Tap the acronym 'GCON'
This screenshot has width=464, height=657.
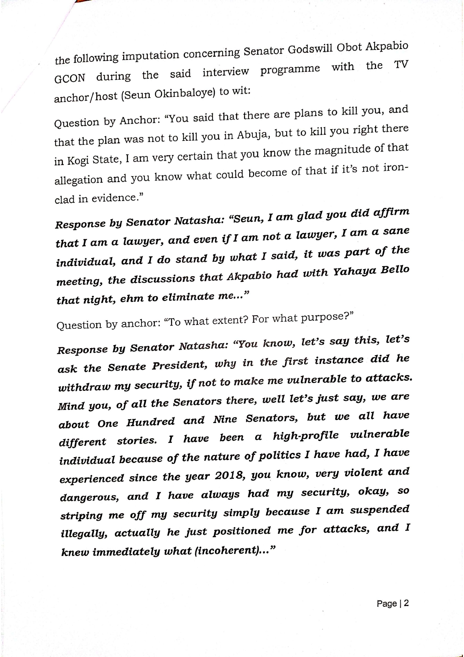70,79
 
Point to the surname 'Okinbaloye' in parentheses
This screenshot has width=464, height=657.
185,93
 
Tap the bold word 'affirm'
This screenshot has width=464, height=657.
391,213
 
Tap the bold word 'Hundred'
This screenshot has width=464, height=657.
150,422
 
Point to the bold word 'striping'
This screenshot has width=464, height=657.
81,516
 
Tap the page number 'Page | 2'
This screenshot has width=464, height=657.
393,603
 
